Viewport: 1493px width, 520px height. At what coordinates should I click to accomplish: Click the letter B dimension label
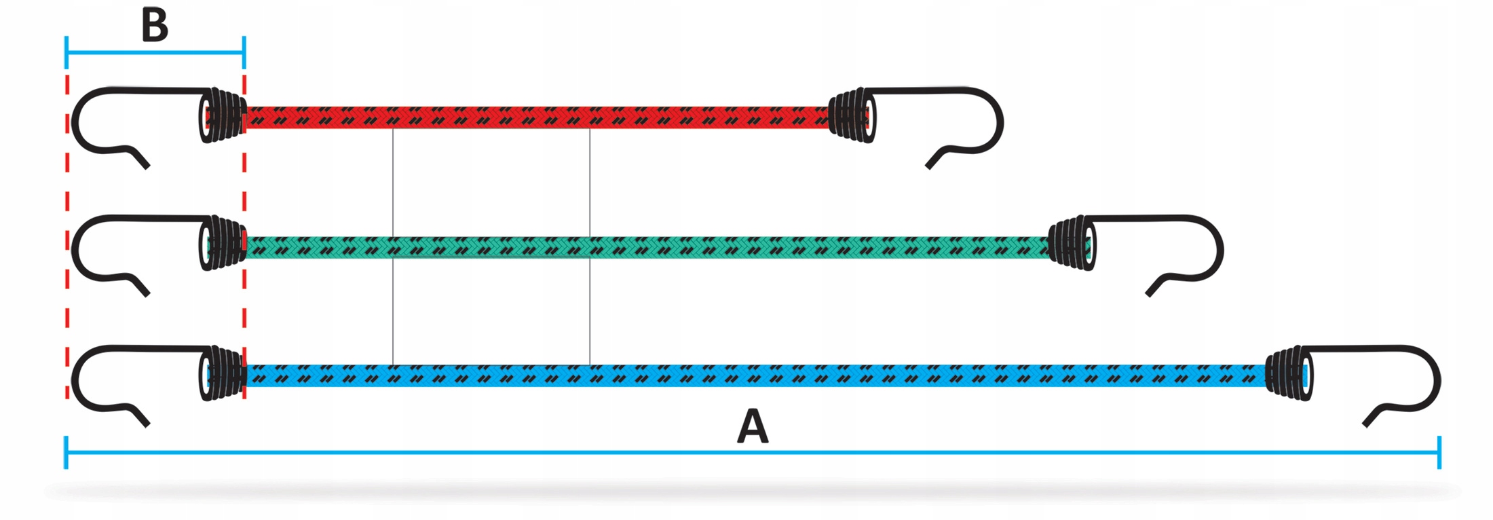pos(155,26)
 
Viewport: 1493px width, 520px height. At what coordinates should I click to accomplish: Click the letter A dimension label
pos(753,426)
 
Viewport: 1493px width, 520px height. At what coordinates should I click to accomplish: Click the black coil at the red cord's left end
pos(224,115)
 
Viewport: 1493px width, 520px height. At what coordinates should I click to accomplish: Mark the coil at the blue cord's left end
pos(224,373)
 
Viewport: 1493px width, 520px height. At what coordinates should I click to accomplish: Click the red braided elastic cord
pos(536,117)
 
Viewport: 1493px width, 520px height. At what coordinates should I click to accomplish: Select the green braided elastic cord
pos(645,247)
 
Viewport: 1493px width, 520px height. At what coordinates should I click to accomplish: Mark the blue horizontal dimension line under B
pos(155,52)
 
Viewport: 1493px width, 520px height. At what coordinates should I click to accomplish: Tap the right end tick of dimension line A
pos(1439,451)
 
